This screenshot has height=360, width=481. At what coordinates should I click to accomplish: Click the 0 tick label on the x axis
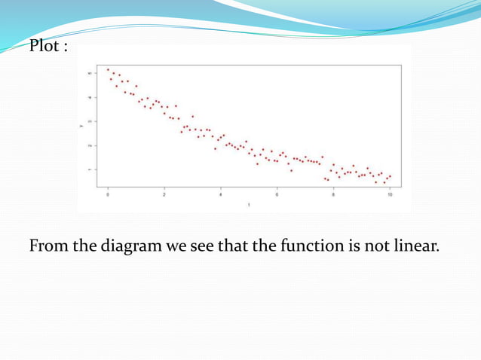[108, 194]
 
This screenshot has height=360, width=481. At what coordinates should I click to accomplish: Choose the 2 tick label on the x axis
[164, 194]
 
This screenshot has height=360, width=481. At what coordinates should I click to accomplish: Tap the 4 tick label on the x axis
[221, 194]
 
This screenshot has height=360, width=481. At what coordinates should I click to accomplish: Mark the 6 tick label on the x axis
[277, 194]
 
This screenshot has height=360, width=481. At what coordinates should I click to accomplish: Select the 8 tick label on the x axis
[333, 194]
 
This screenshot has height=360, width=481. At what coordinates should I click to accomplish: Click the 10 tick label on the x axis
[390, 194]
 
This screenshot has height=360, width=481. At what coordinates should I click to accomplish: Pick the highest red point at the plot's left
[108, 69]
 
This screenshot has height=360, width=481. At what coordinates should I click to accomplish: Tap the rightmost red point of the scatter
[390, 176]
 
